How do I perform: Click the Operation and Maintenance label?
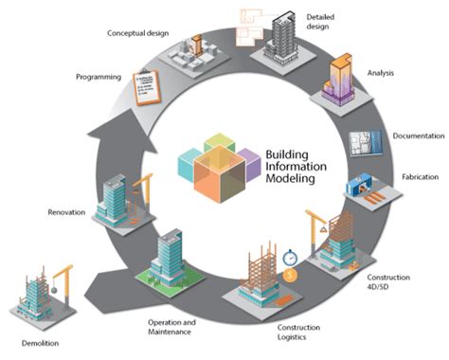(x=174, y=328)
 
